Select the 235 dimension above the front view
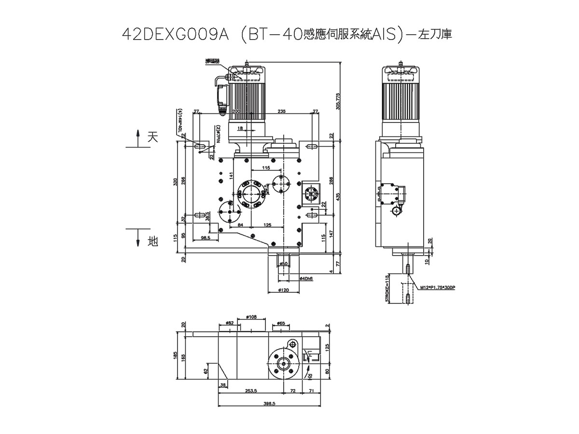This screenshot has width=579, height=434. [x=282, y=111]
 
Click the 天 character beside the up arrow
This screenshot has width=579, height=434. [x=152, y=137]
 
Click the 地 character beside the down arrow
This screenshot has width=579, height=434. [x=152, y=241]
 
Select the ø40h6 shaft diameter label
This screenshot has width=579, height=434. [x=306, y=279]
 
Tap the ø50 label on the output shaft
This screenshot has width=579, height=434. [x=284, y=263]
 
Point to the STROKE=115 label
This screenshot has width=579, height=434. [x=387, y=288]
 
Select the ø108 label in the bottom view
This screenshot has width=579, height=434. [x=251, y=317]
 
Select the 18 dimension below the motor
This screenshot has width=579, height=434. [x=240, y=128]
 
